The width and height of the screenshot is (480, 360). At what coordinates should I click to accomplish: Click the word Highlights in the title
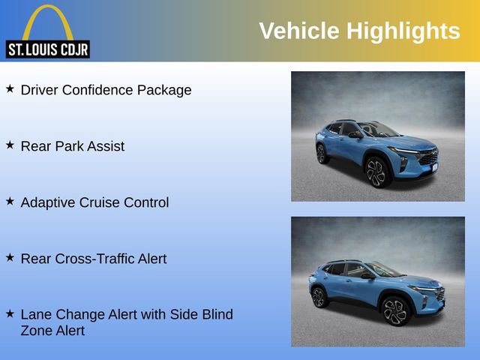tap(403, 31)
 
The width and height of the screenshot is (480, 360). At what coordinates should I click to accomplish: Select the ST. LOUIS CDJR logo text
tap(47, 50)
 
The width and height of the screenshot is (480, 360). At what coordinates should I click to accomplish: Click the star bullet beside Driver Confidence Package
tap(10, 88)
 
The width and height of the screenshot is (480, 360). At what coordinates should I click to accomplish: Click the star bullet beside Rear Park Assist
tap(10, 145)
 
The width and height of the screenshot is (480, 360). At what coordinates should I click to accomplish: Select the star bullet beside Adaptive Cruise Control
tap(10, 201)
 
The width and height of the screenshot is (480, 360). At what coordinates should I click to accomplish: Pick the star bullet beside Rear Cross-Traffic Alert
tap(10, 257)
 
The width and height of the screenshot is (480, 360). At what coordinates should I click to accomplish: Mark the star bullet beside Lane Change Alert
tap(10, 313)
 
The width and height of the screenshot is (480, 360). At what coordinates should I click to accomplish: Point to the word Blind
tap(216, 315)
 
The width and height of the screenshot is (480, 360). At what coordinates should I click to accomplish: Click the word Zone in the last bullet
tap(37, 331)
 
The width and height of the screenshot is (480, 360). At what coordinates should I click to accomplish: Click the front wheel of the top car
tap(376, 173)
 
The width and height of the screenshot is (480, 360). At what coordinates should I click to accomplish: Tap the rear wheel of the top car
tap(322, 154)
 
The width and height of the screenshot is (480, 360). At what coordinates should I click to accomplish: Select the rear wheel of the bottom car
tap(318, 298)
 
